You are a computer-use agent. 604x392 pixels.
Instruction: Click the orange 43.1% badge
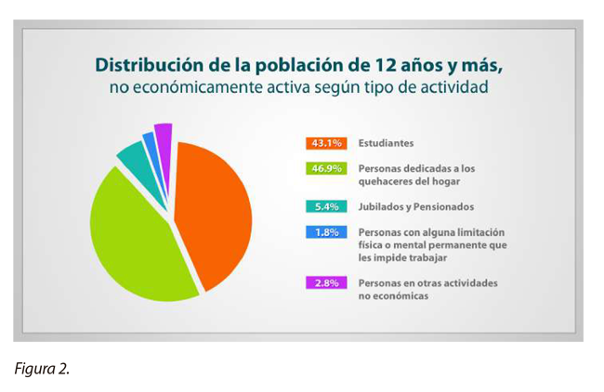click(x=325, y=143)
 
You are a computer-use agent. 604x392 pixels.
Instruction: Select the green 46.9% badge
click(x=325, y=169)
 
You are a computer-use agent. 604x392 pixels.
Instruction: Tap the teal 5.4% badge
click(x=325, y=206)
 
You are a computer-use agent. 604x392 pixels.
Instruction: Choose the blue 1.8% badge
click(x=325, y=232)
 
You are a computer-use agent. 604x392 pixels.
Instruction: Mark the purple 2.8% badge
click(x=325, y=282)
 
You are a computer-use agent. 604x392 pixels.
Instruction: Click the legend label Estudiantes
click(x=386, y=144)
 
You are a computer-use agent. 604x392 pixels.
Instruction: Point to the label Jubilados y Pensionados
click(x=416, y=206)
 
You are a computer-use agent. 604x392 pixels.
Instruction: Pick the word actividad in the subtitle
click(x=453, y=90)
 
